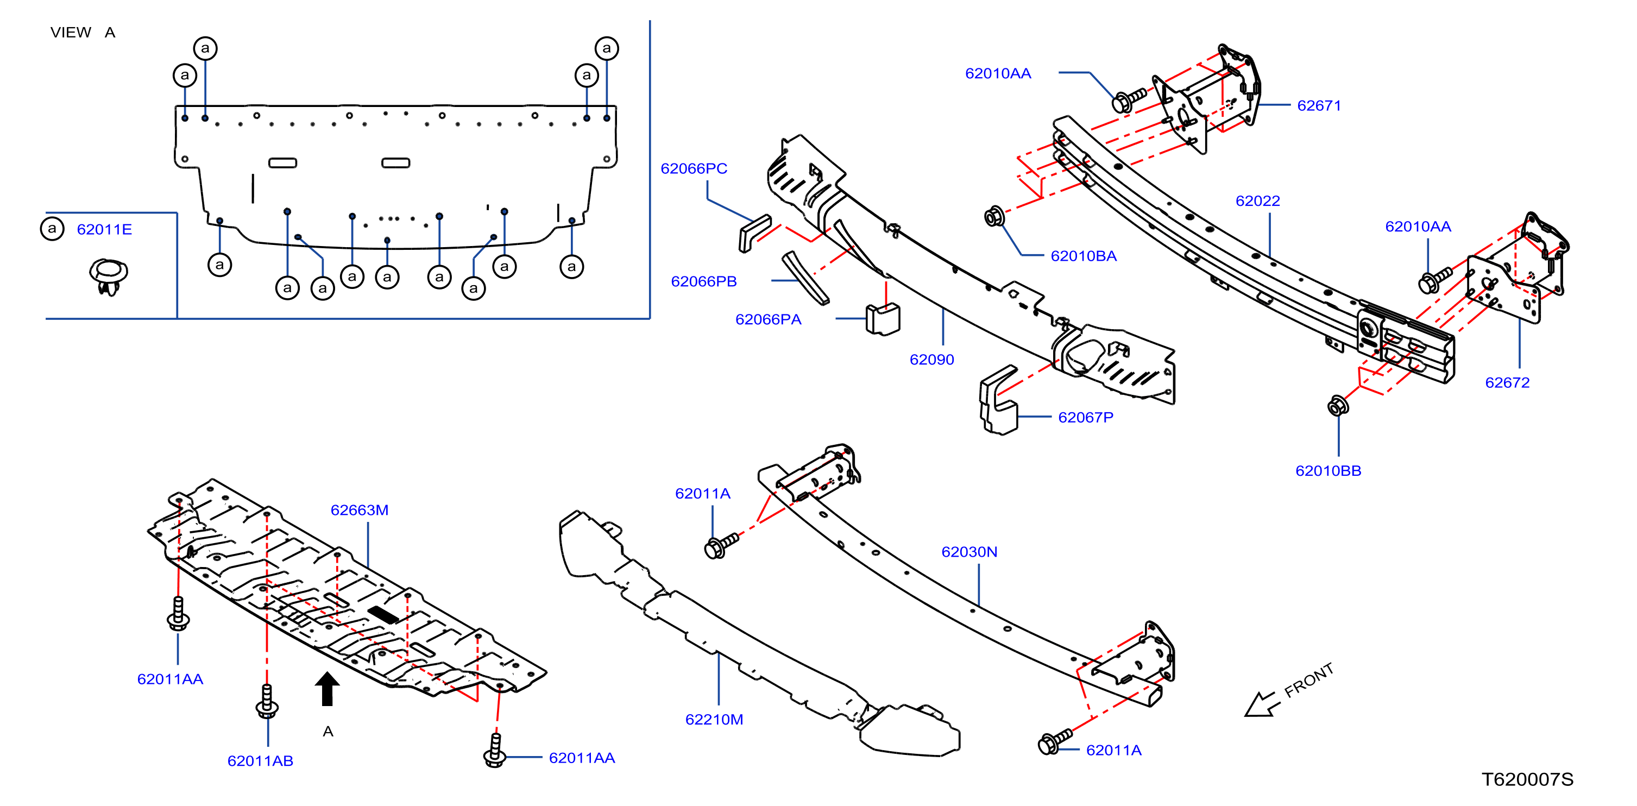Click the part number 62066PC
click(x=694, y=168)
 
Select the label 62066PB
click(x=703, y=281)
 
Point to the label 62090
click(x=931, y=359)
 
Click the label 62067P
click(x=1085, y=417)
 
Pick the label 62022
click(x=1257, y=200)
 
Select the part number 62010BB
click(x=1328, y=470)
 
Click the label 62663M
click(x=359, y=510)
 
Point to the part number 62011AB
click(x=260, y=760)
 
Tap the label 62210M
click(x=714, y=719)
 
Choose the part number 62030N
click(x=969, y=551)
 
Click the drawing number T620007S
click(x=1527, y=779)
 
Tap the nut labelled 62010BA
click(x=994, y=216)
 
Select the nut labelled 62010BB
click(x=1338, y=406)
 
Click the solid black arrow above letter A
click(x=328, y=689)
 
